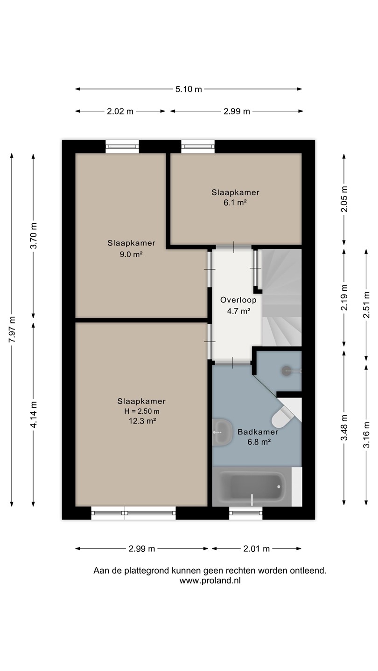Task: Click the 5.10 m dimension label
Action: pos(189,89)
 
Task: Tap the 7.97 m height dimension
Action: pos(12,329)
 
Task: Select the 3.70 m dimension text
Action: pos(34,235)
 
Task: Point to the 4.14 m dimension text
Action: pos(34,415)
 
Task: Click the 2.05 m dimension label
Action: pos(344,199)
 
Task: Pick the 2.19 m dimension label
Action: pos(344,297)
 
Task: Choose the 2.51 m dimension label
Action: pos(366,305)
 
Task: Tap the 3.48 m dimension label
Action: pos(344,427)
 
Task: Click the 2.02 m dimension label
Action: pos(120,111)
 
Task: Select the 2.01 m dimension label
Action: pos(257,549)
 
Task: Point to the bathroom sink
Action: pos(222,432)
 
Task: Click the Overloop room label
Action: pos(238,300)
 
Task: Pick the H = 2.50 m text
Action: pos(141,411)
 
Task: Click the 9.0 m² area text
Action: pos(131,254)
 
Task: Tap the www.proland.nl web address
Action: pos(210,581)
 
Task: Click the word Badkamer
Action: pos(258,432)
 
